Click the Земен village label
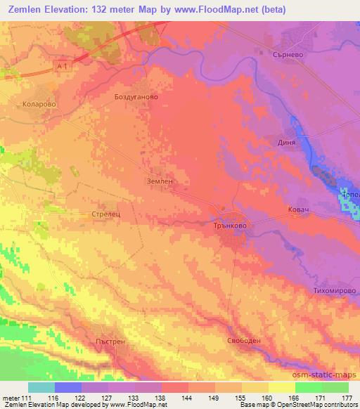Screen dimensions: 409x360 (159, 181)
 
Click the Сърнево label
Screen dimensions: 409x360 (288, 52)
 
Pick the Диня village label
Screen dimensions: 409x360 (290, 139)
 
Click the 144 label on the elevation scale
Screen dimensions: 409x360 (188, 398)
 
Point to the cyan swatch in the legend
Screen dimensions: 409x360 (41, 387)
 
